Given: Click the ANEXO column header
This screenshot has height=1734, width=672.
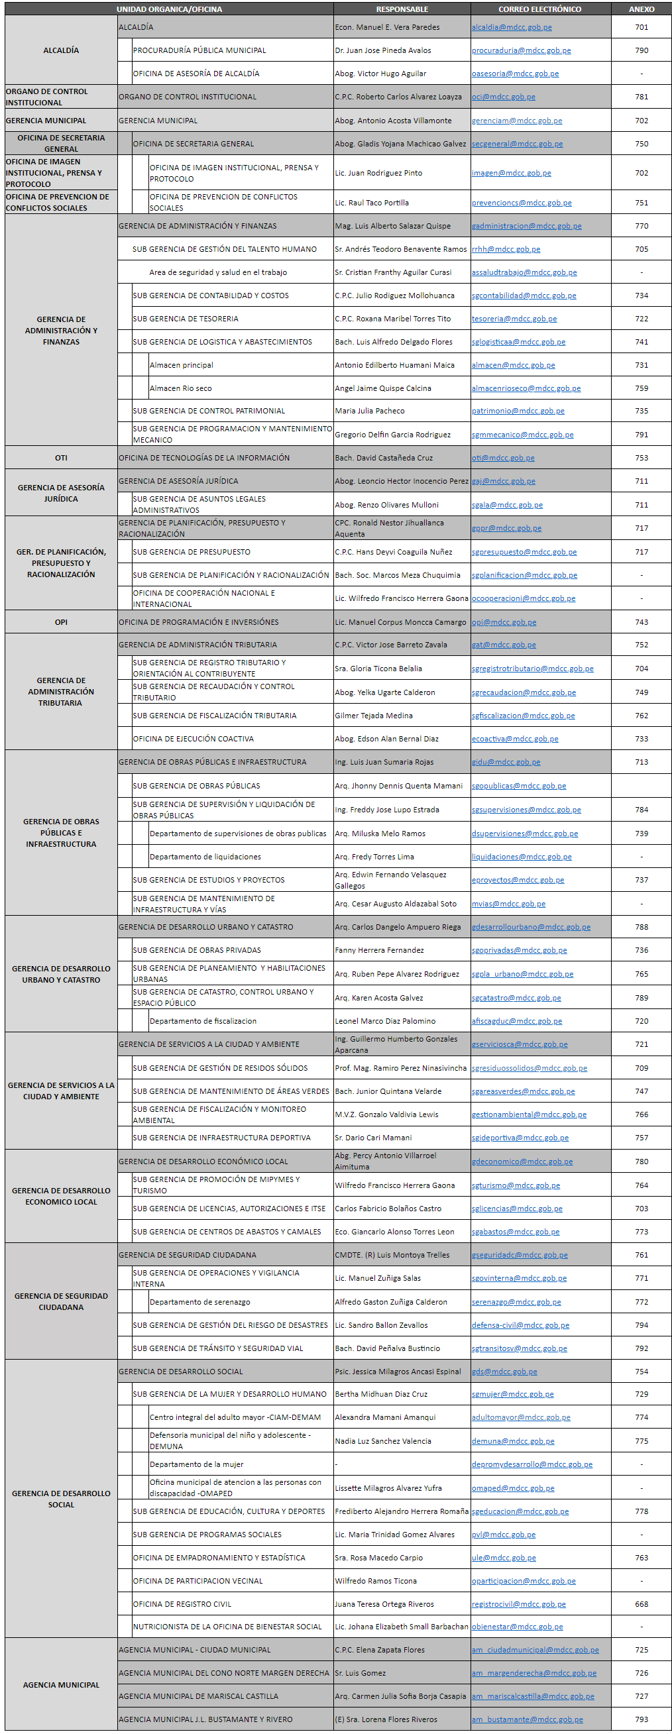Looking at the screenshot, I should [641, 9].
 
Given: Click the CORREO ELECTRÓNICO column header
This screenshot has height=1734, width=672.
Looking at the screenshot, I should [539, 9].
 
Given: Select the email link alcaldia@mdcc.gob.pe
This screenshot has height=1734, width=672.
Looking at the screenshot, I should [511, 28].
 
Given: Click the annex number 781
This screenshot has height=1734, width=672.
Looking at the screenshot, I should [641, 97].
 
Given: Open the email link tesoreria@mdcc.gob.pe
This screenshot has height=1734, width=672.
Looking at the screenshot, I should [514, 319].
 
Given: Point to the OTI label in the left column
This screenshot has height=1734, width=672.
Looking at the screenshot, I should [61, 458].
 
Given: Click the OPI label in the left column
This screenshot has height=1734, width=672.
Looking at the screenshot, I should [61, 622].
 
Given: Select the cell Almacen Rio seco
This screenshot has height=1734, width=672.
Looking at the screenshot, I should [180, 388].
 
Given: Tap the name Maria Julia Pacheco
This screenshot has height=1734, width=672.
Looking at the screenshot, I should [370, 411].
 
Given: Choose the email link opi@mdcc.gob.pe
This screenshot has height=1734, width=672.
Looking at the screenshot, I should [504, 622].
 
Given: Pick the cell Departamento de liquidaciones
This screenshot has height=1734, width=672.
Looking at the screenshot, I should [205, 857].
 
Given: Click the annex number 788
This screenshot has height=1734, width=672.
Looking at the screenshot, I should [641, 927].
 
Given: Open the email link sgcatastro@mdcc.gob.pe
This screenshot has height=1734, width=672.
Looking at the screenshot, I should [516, 998].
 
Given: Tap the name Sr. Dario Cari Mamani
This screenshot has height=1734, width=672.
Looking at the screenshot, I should [373, 1138].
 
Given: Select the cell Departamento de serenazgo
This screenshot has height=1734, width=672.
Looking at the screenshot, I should [199, 1302].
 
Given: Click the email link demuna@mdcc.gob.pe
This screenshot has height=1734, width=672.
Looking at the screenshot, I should [512, 1441].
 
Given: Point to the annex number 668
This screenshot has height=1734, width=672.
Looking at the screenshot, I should [641, 1604].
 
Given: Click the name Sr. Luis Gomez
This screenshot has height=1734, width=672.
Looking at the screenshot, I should [361, 1673].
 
